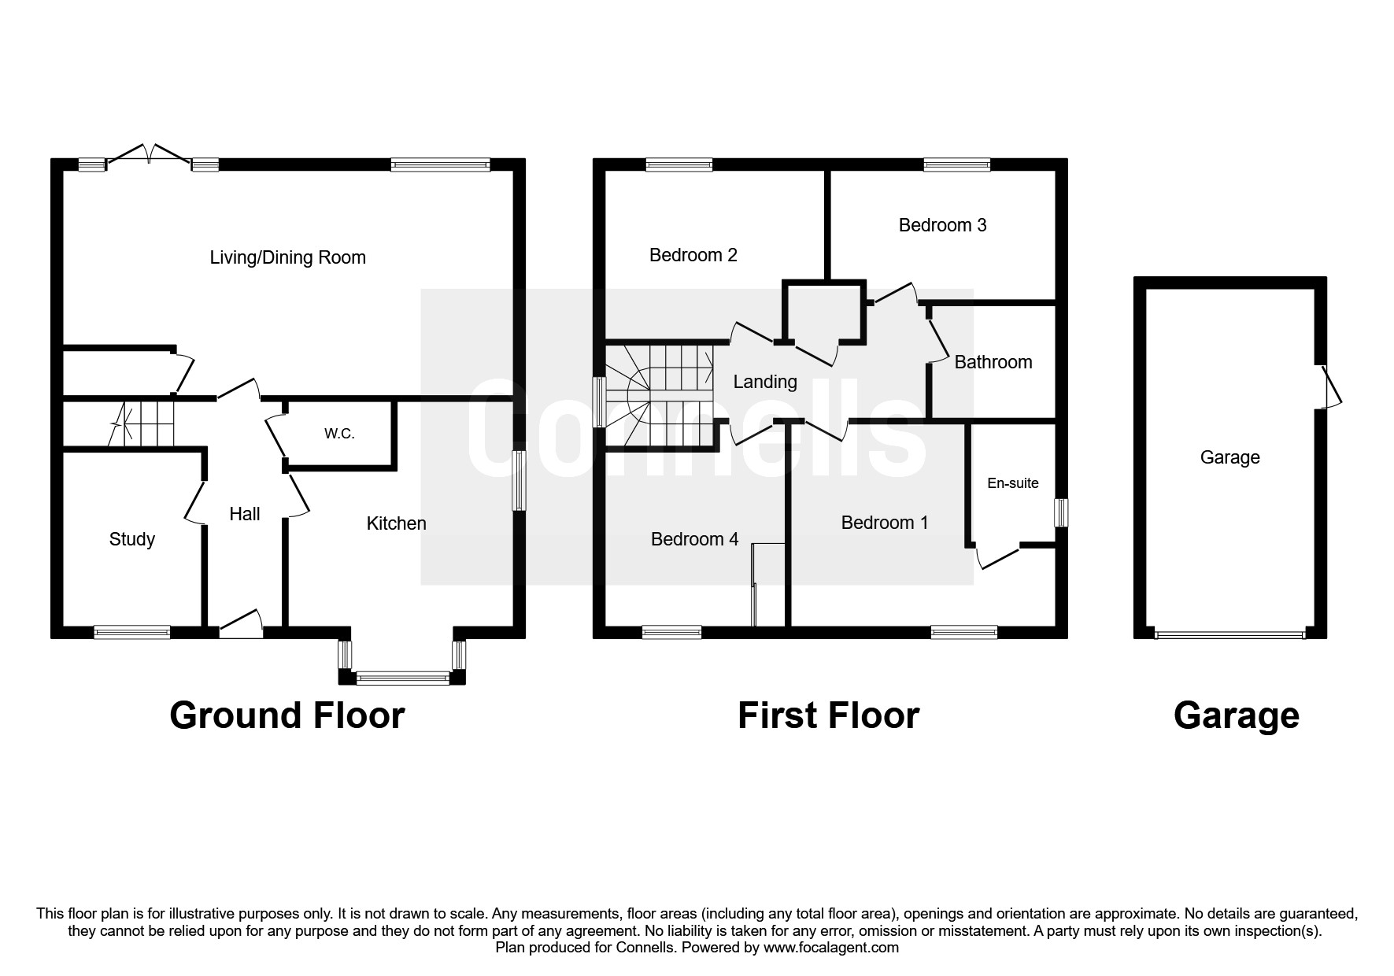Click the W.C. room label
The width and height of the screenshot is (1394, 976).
pos(339,434)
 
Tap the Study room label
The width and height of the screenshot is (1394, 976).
pos(131,539)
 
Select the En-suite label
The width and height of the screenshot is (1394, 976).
pos(1012,483)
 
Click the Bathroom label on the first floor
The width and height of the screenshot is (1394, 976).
pos(993,362)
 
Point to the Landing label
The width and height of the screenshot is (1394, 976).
pos(764,382)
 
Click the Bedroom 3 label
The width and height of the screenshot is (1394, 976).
pos(942,225)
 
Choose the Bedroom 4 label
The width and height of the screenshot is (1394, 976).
pos(694,539)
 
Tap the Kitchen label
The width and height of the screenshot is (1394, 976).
pos(396,523)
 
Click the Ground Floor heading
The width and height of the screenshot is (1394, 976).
pos(287,715)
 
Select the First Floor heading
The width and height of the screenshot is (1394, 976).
pos(828,715)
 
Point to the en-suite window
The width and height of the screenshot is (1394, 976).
pos(1061,512)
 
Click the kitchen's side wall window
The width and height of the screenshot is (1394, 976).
pos(518,480)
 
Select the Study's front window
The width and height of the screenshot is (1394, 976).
pos(131,631)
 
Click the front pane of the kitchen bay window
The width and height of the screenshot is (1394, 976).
pos(402,676)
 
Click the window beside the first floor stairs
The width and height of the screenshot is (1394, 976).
pos(599,402)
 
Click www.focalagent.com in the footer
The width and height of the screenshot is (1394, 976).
pos(830,948)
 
